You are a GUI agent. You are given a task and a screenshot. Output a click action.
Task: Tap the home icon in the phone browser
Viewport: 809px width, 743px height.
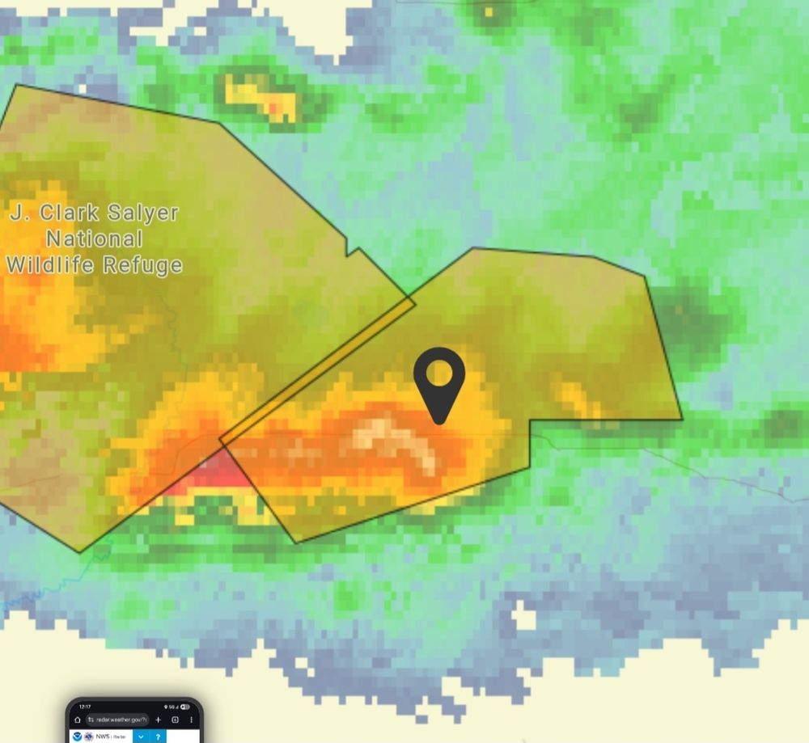point(78,720)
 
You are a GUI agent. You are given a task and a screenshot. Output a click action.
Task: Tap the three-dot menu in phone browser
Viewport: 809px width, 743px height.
point(192,720)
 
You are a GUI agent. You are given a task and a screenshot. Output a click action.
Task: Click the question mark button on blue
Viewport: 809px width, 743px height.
point(158,737)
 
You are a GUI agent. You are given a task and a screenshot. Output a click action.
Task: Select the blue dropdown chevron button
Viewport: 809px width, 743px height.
point(141,737)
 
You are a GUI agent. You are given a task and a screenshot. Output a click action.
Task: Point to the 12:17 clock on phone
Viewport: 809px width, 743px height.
point(84,707)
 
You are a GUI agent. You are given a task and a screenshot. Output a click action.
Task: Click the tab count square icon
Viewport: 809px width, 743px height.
point(175,720)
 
